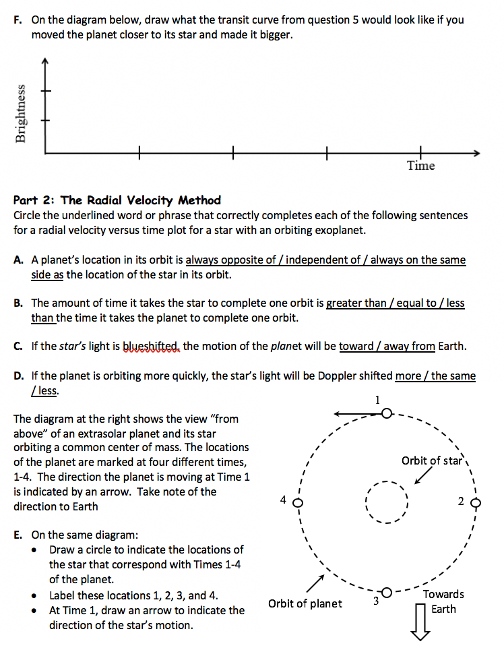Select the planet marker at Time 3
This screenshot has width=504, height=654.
[x=387, y=592]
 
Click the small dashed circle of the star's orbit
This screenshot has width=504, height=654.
[x=387, y=502]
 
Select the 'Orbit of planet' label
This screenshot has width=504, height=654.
[x=305, y=603]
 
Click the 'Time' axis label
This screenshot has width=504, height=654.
[x=421, y=166]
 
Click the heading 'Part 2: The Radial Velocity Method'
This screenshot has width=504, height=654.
[x=117, y=200]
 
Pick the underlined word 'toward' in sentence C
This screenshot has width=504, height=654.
[x=356, y=347]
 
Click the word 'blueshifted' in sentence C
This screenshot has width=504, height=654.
[x=152, y=347]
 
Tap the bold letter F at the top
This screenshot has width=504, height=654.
[x=18, y=20]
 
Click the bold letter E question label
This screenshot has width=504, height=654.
[x=18, y=535]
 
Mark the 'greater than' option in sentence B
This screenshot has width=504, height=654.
[x=355, y=303]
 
